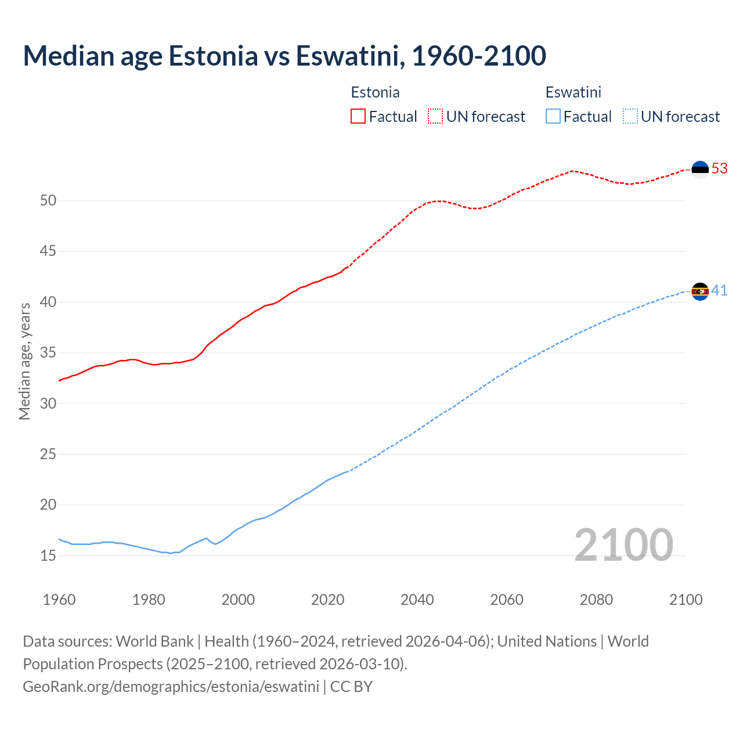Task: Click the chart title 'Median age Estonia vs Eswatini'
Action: pos(284,56)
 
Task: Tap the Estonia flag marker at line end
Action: pos(700,169)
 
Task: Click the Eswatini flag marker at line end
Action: pos(700,291)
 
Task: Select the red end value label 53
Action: pos(719,168)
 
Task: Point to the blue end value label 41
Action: pos(719,290)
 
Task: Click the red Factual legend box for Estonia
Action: pos(358,116)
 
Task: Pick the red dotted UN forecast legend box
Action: pos(435,116)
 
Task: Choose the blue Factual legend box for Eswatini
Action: pos(553,116)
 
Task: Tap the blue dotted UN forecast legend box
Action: pos(630,116)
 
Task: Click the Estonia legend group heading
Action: pos(375,92)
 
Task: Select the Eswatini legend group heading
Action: pos(573,92)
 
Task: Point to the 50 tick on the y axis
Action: pos(48,201)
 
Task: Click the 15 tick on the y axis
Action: pos(48,556)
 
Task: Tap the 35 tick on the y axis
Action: pos(48,353)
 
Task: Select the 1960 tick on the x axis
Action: pos(59,600)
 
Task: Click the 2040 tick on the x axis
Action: pos(417,600)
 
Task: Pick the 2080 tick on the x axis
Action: pos(596,600)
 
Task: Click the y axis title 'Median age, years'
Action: pos(24,360)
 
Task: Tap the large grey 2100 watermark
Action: pos(623,545)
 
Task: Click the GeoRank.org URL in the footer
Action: pos(171,686)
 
